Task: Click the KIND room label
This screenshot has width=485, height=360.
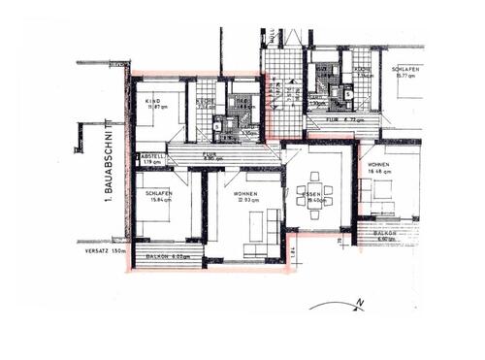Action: pos(152,103)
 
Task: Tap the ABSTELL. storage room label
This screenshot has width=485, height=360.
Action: pos(151,157)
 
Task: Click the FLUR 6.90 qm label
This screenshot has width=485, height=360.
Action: pos(210,155)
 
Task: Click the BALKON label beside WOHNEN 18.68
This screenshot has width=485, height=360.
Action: pos(386,233)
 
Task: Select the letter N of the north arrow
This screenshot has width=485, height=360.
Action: pos(359,305)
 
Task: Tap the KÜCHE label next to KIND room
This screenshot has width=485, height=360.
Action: pos(206,103)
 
